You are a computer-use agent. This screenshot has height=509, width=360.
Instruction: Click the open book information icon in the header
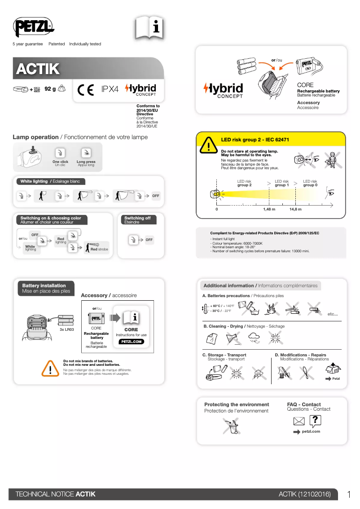[149, 28]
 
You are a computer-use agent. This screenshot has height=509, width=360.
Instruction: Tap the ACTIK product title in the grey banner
[38, 69]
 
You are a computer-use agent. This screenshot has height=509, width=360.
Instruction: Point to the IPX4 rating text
[110, 89]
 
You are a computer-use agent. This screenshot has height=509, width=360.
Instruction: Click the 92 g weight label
[50, 89]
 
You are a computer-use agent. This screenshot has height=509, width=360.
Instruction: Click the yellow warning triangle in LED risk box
[209, 145]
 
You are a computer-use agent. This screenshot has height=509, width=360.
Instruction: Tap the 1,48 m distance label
[269, 209]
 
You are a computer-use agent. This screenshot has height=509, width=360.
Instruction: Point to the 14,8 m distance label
[295, 209]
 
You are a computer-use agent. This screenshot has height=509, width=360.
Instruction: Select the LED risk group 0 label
[310, 183]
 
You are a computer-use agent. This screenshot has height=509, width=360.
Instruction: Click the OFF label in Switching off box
[149, 240]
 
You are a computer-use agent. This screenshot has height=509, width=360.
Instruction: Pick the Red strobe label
[99, 249]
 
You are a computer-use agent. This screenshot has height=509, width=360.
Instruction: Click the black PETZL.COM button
[131, 342]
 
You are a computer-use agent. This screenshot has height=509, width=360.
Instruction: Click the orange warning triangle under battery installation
[50, 368]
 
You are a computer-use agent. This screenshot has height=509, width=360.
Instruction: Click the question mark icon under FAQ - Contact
[316, 420]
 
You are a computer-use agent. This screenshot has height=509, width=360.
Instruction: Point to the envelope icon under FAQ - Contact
[299, 421]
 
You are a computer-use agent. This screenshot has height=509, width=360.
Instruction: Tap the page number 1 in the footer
[349, 494]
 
